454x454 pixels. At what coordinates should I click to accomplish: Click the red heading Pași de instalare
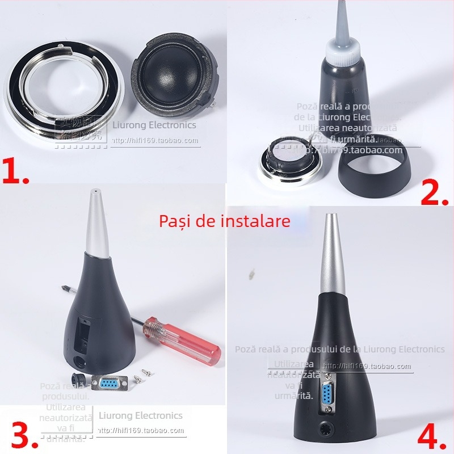point(224,220)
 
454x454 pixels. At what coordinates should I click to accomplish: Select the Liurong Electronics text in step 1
point(154,125)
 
